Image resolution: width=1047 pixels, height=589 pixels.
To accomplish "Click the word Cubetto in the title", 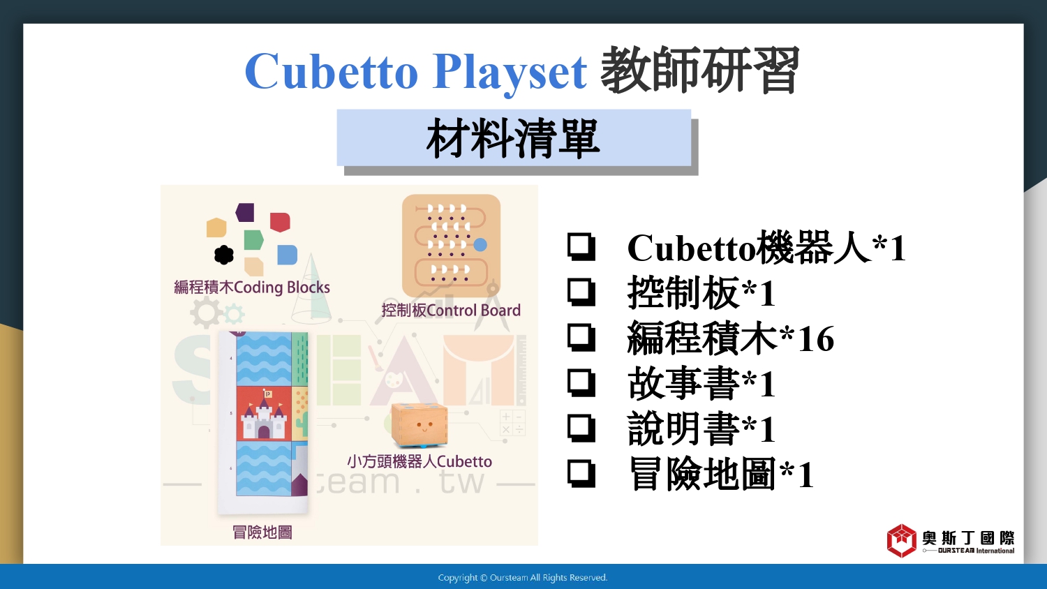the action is [332, 71].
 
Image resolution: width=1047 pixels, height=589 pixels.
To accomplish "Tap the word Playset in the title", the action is [510, 73].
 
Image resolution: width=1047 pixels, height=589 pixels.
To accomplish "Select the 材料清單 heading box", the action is [514, 137].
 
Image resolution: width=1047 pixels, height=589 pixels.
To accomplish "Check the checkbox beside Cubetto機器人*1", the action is [581, 247].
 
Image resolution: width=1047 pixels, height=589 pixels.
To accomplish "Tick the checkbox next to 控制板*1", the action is [581, 292].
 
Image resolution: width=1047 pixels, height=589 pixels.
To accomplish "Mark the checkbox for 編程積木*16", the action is [581, 338].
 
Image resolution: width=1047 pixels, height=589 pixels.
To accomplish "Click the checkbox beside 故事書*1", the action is [581, 383].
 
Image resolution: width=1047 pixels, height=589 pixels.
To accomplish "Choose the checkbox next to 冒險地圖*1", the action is [581, 474].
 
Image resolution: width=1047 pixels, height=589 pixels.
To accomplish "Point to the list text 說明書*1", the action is [701, 428].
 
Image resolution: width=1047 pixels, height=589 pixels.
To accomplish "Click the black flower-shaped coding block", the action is [224, 255].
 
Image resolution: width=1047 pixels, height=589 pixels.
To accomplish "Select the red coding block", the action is [280, 222].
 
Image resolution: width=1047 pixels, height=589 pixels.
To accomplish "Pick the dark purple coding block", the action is [245, 212].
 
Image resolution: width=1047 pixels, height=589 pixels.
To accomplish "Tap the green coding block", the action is [254, 240].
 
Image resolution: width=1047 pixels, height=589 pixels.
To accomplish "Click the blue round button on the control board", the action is [480, 244].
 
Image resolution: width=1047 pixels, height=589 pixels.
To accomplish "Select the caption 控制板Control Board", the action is [451, 310].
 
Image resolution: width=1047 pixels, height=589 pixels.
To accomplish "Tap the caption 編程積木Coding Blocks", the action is [252, 287].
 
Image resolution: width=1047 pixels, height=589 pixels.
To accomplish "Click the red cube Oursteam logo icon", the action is [902, 541].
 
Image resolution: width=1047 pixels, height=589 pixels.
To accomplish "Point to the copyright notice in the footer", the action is [523, 578].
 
